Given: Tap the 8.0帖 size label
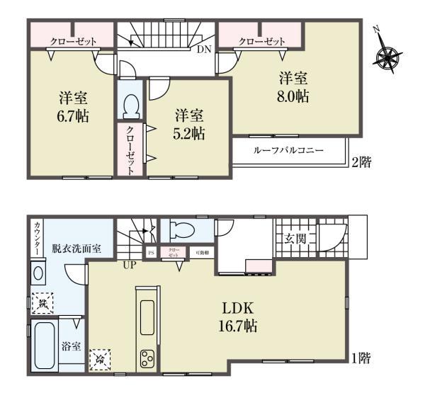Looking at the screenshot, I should (293, 97).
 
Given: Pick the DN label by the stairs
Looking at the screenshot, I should (203, 49).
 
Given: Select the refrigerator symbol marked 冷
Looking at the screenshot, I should (99, 359).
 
